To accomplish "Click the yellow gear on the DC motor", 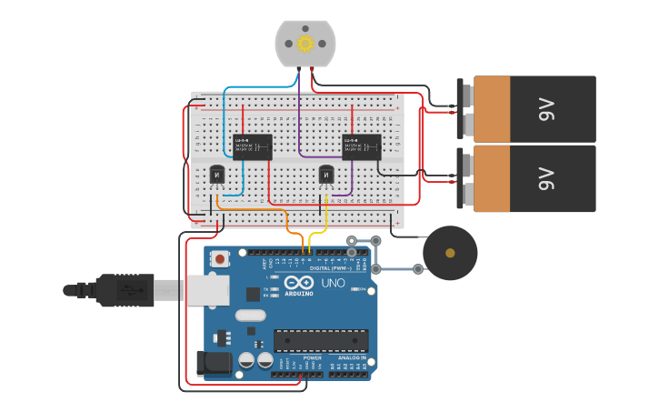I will (x=305, y=43).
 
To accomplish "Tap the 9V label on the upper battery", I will (x=546, y=110).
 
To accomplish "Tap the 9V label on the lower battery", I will (x=546, y=179).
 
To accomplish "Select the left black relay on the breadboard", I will (x=252, y=146).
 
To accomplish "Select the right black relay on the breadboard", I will (x=362, y=146).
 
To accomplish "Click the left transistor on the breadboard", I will (x=217, y=174).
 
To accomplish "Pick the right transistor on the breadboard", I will (x=327, y=174).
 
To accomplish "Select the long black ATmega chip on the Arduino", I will (x=321, y=340).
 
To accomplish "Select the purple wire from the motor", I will (x=300, y=118).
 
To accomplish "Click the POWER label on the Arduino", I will (x=312, y=358).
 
